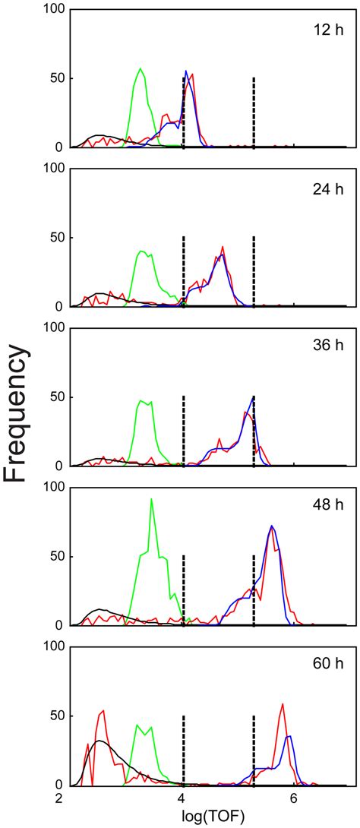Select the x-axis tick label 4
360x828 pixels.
[x=182, y=799]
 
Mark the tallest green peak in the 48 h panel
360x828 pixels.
[x=152, y=500]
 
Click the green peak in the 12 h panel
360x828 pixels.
[x=141, y=69]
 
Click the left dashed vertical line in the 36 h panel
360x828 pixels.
[x=185, y=429]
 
